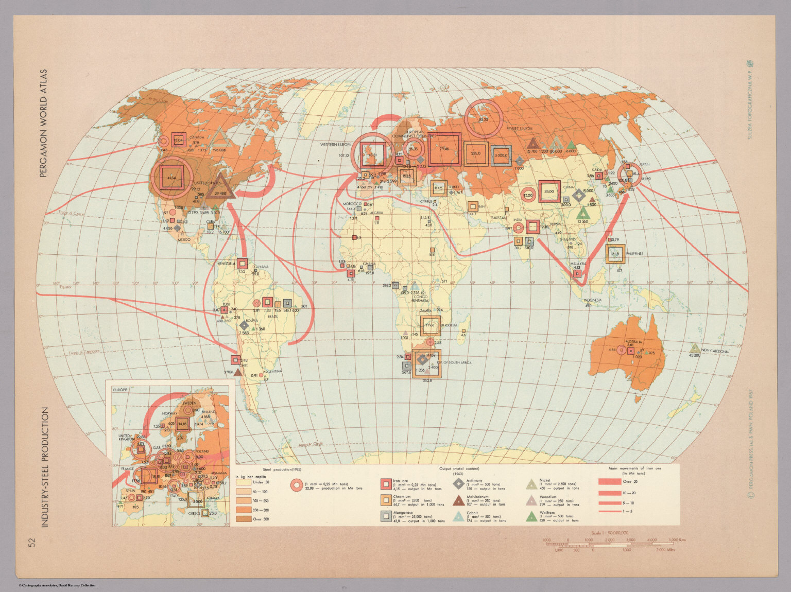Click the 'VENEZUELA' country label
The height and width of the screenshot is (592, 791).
227,264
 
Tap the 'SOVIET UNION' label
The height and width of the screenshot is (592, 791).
519,129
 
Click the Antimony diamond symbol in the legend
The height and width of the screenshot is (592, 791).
458,483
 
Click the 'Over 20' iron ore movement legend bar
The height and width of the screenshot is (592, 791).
611,481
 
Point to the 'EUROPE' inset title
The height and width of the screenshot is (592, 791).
119,389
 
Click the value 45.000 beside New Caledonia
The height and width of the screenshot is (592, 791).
694,355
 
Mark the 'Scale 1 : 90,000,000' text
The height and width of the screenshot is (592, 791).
613,532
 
